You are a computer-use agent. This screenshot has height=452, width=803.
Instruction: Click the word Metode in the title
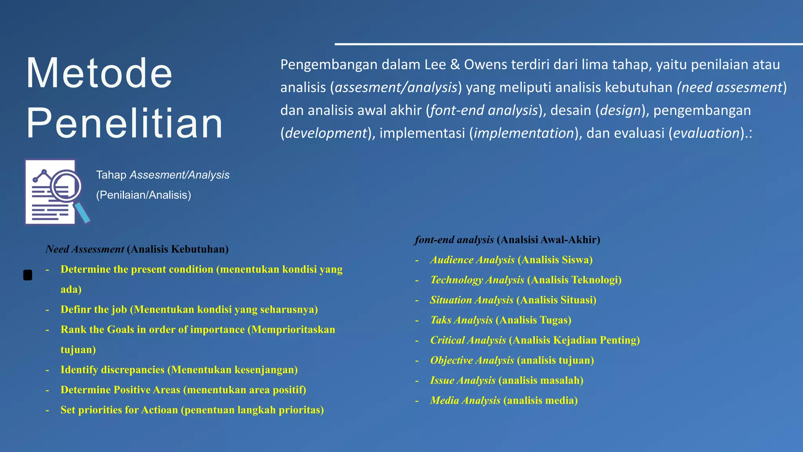[99, 73]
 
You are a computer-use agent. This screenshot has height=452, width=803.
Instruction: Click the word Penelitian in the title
[124, 123]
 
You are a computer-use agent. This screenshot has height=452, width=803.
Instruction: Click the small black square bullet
[28, 275]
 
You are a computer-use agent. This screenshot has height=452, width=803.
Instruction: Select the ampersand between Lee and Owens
[455, 64]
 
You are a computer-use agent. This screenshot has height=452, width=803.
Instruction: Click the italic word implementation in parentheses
[524, 133]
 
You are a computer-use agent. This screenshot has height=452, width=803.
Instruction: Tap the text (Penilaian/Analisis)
[144, 195]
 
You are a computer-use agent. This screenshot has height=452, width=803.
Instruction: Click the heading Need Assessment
[85, 249]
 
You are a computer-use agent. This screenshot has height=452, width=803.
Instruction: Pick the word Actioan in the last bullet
[159, 410]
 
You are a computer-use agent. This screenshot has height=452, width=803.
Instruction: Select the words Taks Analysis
[461, 320]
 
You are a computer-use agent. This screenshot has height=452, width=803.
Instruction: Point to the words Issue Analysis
[463, 380]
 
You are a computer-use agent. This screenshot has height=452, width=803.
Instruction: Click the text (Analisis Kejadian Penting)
[574, 340]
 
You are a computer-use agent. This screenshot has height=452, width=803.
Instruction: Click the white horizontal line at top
[569, 44]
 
